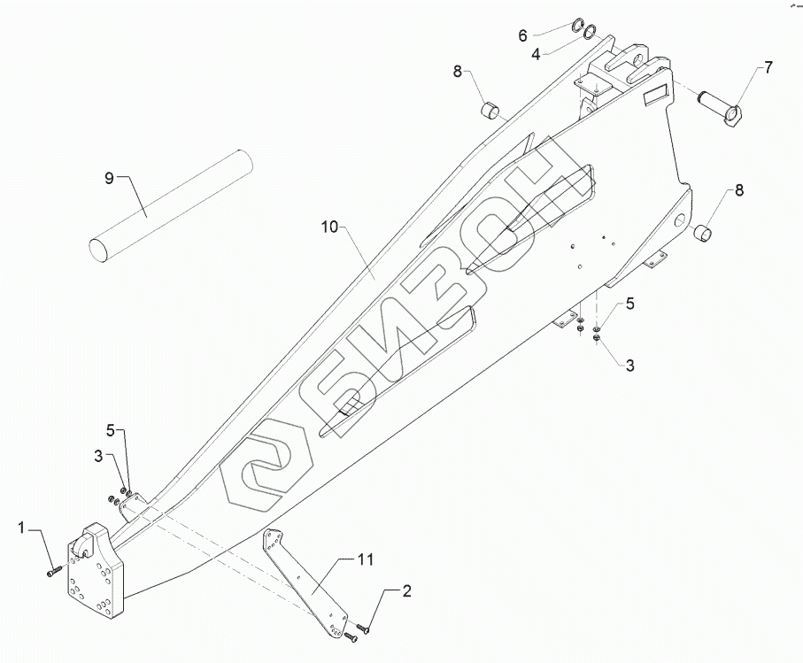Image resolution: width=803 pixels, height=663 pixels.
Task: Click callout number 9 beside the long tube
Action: click(109, 179)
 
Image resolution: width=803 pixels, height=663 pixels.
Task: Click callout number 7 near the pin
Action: click(768, 67)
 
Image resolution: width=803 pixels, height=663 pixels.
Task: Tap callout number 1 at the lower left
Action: click(20, 528)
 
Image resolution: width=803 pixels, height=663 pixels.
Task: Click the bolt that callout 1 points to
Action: click(53, 572)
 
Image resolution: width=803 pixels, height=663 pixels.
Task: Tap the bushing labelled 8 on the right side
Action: click(703, 233)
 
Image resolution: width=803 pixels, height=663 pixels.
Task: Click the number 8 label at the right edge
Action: click(737, 189)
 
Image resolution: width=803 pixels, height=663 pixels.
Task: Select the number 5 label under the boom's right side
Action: click(629, 305)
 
